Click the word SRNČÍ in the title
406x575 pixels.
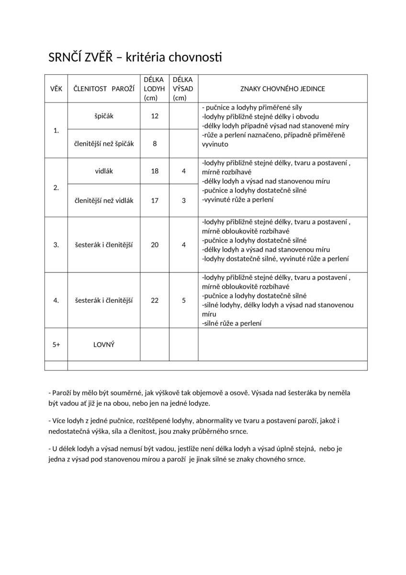pyautogui.click(x=64, y=57)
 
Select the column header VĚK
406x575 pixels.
pyautogui.click(x=56, y=89)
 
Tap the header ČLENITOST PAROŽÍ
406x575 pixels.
pyautogui.click(x=104, y=89)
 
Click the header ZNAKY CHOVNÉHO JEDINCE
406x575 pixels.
pyautogui.click(x=282, y=89)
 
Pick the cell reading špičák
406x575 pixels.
pyautogui.click(x=104, y=116)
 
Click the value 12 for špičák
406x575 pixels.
pyautogui.click(x=155, y=116)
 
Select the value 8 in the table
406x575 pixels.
pyautogui.click(x=155, y=143)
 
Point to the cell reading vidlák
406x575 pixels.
pyautogui.click(x=104, y=171)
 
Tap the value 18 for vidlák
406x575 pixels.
pyautogui.click(x=155, y=171)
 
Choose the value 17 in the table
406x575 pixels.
pyautogui.click(x=155, y=201)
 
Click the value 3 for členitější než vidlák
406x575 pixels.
pyautogui.click(x=184, y=201)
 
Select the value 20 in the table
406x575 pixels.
pyautogui.click(x=155, y=245)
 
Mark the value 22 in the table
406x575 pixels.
pyautogui.click(x=155, y=300)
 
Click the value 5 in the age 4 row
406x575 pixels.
pyautogui.click(x=184, y=300)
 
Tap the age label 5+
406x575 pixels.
pyautogui.click(x=56, y=345)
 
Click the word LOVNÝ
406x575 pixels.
pyautogui.click(x=104, y=345)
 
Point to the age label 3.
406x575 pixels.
pyautogui.click(x=56, y=245)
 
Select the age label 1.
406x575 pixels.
pyautogui.click(x=56, y=130)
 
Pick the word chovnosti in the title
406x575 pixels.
pyautogui.click(x=195, y=57)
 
